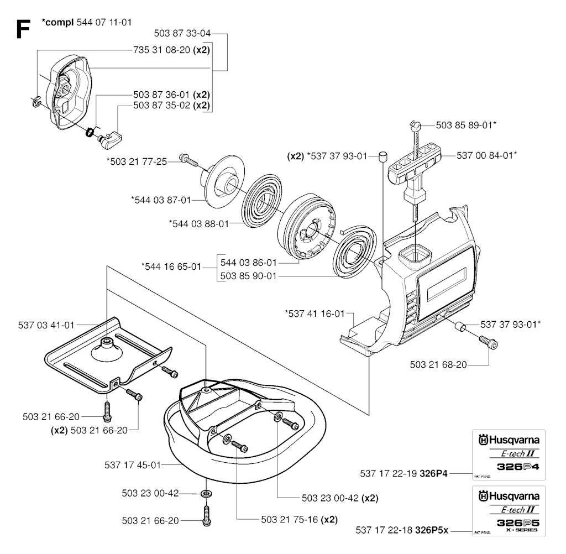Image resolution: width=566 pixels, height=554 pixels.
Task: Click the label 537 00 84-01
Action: tap(487, 156)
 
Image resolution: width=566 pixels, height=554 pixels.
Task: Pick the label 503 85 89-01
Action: tap(466, 126)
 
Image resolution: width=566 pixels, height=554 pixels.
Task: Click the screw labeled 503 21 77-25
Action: tap(190, 161)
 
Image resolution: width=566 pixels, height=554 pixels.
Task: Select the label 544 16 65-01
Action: tap(171, 267)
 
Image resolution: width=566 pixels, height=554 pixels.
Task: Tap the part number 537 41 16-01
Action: tap(314, 313)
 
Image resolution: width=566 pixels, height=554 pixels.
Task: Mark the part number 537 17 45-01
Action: tap(132, 465)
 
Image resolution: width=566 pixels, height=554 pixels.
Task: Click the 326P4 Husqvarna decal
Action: tap(508, 454)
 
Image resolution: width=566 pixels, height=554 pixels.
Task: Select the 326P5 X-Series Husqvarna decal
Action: tap(508, 510)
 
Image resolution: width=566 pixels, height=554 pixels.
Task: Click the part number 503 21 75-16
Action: tap(299, 520)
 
